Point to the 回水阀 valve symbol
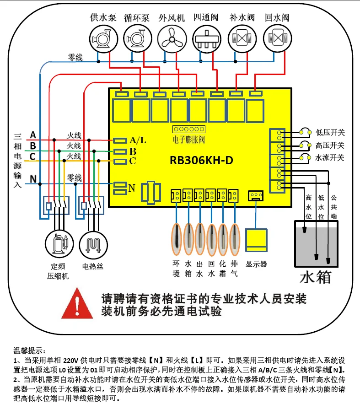[x=277, y=38]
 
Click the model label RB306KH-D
[x=201, y=160]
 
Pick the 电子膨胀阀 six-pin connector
[x=189, y=129]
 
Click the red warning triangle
[x=77, y=303]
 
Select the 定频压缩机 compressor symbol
[x=59, y=244]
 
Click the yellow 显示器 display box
[x=256, y=240]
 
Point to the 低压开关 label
[x=330, y=132]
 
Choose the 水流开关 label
[x=330, y=157]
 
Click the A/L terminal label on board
[x=138, y=140]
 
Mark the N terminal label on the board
[x=132, y=188]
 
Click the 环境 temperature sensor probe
[x=177, y=239]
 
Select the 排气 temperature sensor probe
[x=234, y=239]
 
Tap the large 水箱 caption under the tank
[x=316, y=277]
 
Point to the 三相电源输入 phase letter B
[x=33, y=146]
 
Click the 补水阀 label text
[x=242, y=17]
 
